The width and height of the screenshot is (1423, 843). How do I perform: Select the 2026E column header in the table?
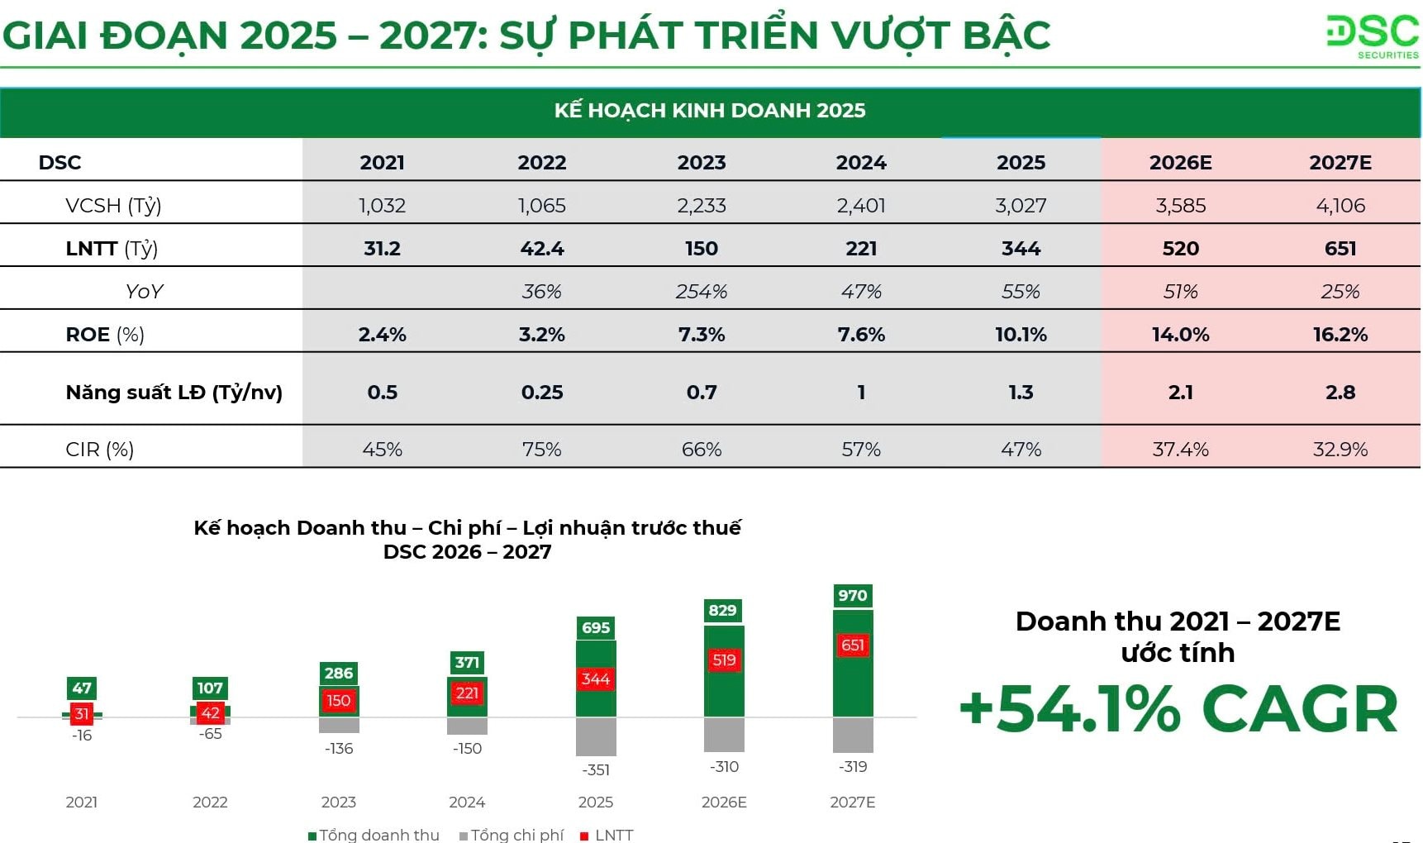tap(1180, 163)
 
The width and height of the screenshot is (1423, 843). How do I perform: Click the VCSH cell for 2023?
tap(702, 206)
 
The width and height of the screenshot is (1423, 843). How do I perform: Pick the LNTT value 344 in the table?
tap(1021, 249)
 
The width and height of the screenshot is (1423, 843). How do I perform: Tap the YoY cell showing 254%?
tap(702, 292)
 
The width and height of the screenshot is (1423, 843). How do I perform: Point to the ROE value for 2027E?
tap(1340, 335)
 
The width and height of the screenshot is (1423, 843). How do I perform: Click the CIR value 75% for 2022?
tap(541, 450)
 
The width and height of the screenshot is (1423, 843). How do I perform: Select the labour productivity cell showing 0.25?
tap(541, 393)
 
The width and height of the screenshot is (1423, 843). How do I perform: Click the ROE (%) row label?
tap(105, 335)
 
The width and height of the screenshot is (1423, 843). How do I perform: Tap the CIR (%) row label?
tap(99, 450)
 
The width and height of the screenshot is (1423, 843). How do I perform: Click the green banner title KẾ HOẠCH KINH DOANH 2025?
tap(710, 111)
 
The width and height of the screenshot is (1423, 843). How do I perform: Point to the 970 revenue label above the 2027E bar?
tap(852, 596)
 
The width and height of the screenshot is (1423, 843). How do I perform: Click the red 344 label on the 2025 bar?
tap(595, 679)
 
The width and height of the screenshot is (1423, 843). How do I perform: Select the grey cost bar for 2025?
tap(595, 736)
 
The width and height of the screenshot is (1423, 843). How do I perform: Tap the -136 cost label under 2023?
tap(339, 749)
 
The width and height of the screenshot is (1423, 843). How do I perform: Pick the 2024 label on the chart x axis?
tap(467, 803)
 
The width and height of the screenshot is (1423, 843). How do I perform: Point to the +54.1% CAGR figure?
tap(1178, 710)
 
